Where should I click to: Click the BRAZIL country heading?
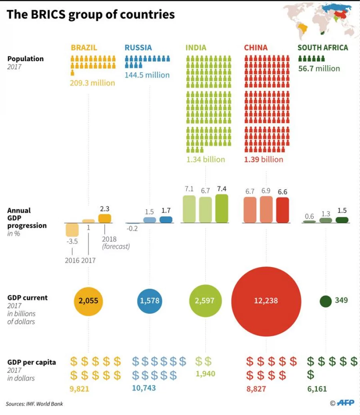[x=84, y=48]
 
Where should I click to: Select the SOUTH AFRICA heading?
[x=323, y=48]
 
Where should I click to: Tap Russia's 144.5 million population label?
[x=147, y=75]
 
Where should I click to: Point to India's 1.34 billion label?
[x=206, y=160]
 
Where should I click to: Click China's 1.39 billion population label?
[x=263, y=160]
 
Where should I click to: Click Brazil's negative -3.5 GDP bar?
[x=72, y=230]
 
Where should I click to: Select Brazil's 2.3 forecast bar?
[x=104, y=218]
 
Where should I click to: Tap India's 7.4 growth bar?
[x=222, y=209]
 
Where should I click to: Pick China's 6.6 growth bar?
[x=282, y=210]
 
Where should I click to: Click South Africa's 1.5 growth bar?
[x=342, y=220]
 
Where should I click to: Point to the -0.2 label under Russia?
[x=132, y=228]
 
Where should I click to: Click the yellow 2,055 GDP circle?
[x=88, y=301]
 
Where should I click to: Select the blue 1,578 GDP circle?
[x=150, y=301]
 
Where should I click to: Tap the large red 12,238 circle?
[x=266, y=301]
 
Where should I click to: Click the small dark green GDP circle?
[x=326, y=301]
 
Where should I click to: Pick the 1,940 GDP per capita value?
[x=206, y=374]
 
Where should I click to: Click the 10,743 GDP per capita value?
[x=144, y=388]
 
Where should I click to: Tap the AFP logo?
[x=346, y=403]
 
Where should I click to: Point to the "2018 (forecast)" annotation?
[x=116, y=243]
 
